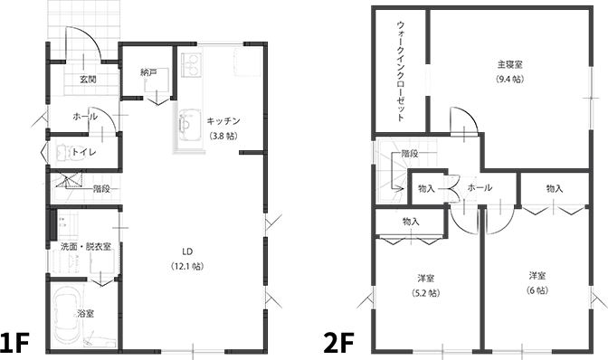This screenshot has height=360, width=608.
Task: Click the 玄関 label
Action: (88, 80)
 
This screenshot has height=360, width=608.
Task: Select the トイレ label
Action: (84, 152)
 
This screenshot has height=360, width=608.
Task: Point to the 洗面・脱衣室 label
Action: (86, 246)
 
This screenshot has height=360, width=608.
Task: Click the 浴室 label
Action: (86, 313)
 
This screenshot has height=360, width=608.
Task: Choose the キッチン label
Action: (223, 120)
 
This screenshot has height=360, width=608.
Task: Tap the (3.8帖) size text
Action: (223, 136)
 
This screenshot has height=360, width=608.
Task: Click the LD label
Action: (188, 251)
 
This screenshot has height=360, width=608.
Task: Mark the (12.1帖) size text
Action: (188, 266)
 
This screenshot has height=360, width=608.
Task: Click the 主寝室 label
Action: (510, 64)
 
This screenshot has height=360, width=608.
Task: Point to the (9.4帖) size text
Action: (510, 80)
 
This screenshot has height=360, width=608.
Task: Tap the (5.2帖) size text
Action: (425, 292)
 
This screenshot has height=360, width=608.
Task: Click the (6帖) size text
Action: (537, 290)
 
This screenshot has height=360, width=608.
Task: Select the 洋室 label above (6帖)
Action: (537, 275)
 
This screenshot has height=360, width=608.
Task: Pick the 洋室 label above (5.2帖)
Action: (425, 277)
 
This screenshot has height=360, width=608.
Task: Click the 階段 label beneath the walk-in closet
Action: (410, 154)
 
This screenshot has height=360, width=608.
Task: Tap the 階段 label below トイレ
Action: (101, 189)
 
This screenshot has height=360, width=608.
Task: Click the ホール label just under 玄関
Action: (85, 117)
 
